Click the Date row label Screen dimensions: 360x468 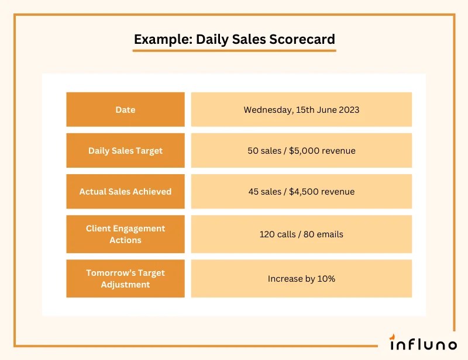125,109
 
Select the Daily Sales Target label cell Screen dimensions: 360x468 125,151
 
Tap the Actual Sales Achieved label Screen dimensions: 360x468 125,192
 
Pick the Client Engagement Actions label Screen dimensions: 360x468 125,234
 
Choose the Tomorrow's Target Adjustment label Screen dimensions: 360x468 125,279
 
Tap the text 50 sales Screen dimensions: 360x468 264,151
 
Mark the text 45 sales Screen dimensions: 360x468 265,192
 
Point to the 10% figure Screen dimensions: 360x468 326,279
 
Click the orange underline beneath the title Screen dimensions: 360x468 234,51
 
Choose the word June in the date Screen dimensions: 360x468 325,109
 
